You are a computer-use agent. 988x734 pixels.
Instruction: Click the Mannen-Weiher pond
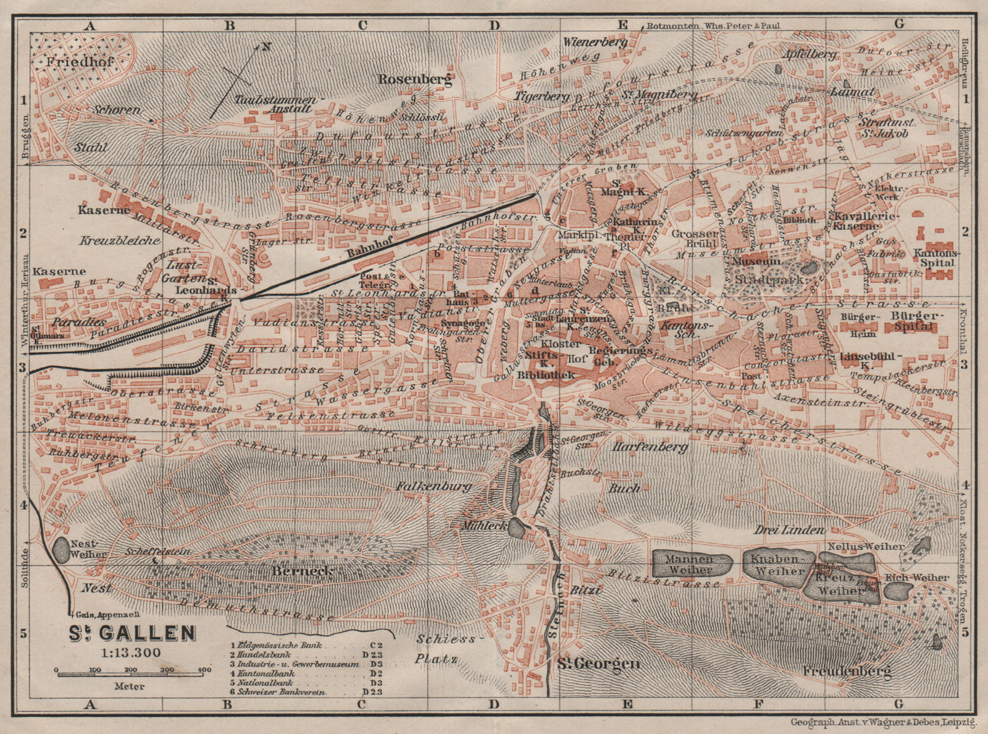(692, 563)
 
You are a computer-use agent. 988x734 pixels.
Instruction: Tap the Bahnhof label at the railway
(362, 253)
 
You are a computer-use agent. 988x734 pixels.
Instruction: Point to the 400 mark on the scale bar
(201, 670)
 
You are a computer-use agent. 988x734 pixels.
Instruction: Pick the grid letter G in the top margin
(898, 7)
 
